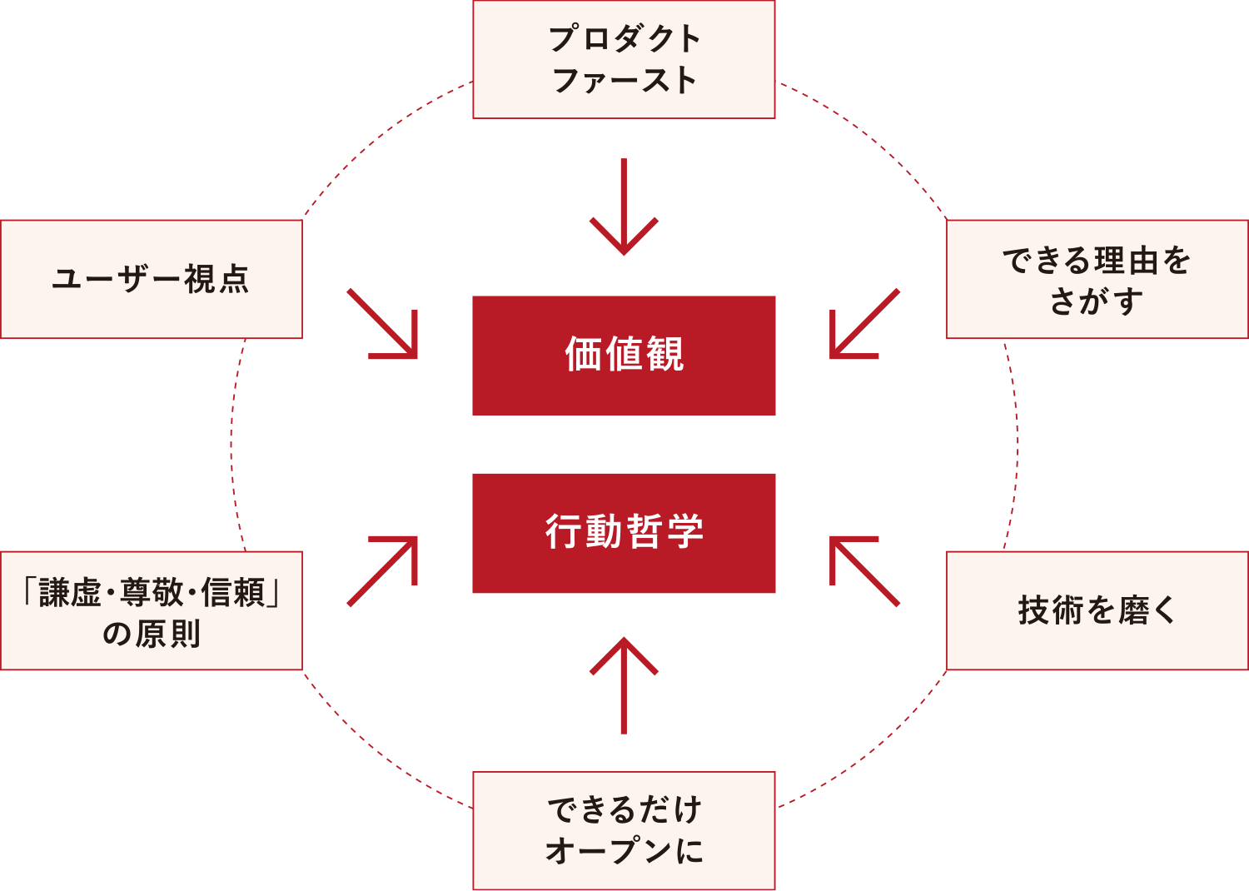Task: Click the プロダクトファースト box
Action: (x=624, y=59)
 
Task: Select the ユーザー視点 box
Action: (x=151, y=279)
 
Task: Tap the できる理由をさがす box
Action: (x=1097, y=279)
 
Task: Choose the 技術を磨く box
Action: (x=1097, y=610)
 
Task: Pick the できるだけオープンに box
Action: (x=624, y=830)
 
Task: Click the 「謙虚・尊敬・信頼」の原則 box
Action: (x=151, y=610)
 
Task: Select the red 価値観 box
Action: (x=624, y=355)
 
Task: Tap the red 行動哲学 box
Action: (x=624, y=533)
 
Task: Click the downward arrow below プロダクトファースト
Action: (x=624, y=208)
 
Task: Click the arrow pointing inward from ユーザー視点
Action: (x=383, y=324)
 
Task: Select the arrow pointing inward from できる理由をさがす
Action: (x=864, y=324)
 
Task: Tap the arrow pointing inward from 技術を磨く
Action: (x=864, y=571)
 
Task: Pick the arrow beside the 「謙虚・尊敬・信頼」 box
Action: (x=383, y=571)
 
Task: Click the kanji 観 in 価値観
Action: (x=664, y=355)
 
